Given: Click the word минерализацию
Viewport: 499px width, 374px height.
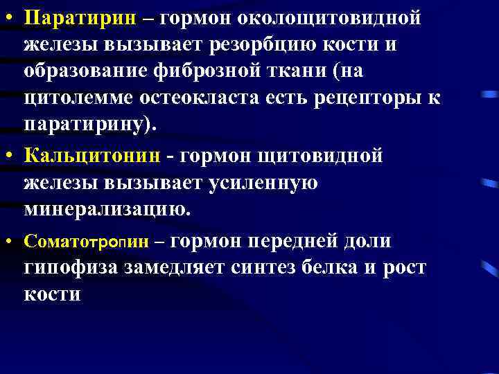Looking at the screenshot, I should point(107,209).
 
